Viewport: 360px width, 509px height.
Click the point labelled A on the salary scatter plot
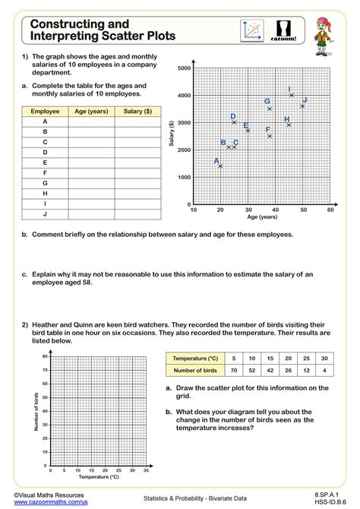tap(220, 166)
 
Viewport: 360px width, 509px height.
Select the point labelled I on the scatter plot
tap(292, 96)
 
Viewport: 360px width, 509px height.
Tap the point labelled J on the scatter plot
tap(302, 106)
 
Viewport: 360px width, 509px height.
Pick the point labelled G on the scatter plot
tap(270, 109)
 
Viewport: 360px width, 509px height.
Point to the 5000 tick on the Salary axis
tap(183, 68)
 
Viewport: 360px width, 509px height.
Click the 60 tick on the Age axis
tap(330, 210)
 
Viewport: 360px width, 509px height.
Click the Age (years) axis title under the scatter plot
tap(262, 217)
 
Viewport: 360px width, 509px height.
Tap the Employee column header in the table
tap(45, 112)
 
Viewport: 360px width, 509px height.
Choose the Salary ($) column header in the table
tap(137, 112)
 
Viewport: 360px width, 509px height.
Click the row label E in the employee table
tap(45, 163)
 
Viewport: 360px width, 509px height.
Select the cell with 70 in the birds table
tap(235, 371)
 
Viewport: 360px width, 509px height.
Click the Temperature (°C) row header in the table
tap(195, 358)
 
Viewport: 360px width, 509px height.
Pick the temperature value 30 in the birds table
tap(324, 358)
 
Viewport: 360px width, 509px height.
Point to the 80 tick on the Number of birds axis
tap(46, 356)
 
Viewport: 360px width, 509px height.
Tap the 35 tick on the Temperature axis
tap(144, 470)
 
